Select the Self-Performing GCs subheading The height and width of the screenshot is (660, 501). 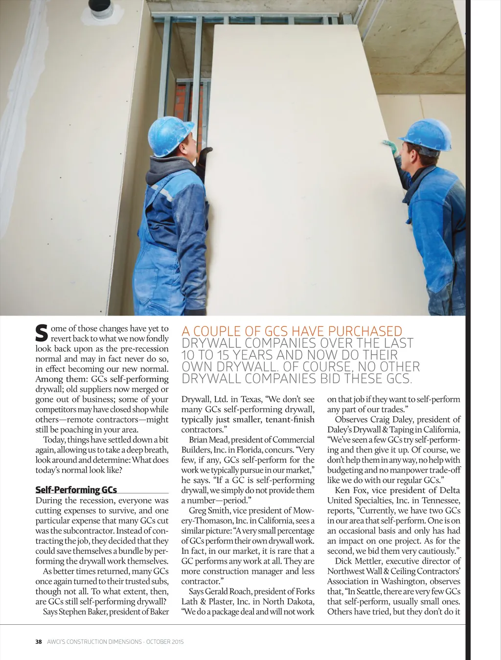pos(76,490)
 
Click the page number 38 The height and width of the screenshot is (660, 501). pos(39,641)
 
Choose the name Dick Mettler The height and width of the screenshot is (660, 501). pos(360,561)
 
